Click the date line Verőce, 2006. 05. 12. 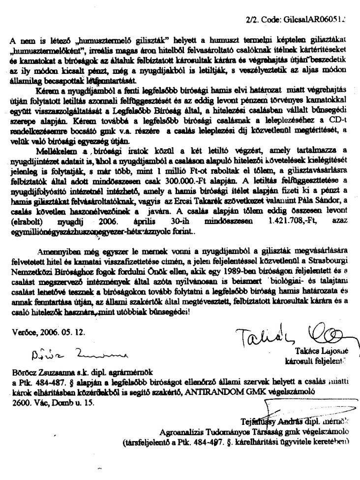tap(48, 331)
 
